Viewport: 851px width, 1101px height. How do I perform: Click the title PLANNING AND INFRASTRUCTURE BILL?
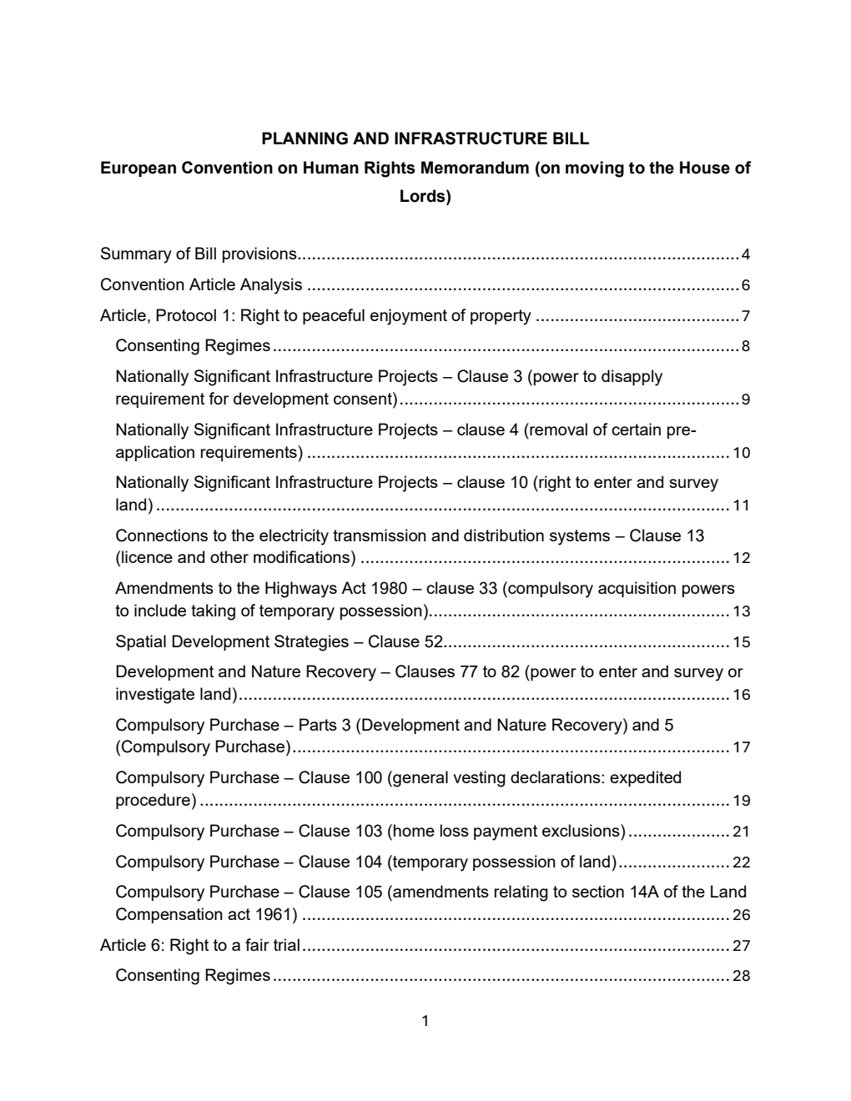[x=425, y=138]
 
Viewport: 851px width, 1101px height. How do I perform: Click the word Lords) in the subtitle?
[x=425, y=197]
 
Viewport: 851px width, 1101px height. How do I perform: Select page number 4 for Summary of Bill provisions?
[x=745, y=254]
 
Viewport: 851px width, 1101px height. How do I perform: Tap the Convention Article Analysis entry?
[x=201, y=285]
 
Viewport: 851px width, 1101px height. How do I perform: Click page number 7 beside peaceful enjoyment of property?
[x=745, y=316]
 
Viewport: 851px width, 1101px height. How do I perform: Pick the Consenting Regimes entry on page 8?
[x=193, y=346]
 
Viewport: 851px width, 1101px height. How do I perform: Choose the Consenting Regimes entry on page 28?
[x=193, y=976]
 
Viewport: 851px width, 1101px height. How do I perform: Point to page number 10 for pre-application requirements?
[x=741, y=453]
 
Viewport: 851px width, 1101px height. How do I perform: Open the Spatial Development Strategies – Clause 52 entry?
[x=279, y=642]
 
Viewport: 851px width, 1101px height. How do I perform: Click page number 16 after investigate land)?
[x=741, y=695]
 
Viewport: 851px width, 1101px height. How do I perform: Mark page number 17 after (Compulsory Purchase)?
[x=741, y=747]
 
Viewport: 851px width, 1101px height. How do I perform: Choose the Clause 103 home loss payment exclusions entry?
[x=370, y=832]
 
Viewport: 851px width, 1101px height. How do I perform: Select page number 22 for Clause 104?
[x=741, y=862]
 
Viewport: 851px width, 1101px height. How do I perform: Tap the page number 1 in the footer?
[x=425, y=1021]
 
